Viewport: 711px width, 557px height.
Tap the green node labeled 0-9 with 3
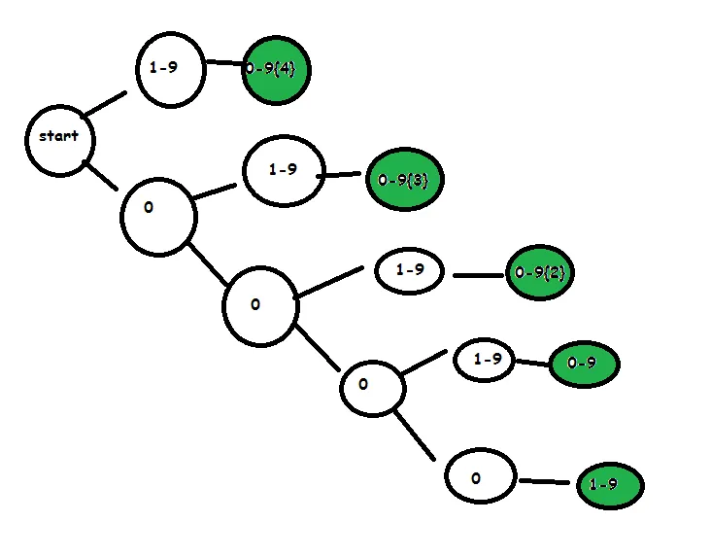pos(405,180)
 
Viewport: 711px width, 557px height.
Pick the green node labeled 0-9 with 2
pos(539,274)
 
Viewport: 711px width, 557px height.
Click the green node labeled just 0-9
pos(583,365)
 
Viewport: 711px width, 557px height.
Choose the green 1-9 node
pos(610,484)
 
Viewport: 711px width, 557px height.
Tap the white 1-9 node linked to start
pos(170,70)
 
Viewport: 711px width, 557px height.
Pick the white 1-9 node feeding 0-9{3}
pos(282,170)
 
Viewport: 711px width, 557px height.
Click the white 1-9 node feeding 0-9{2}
pos(410,271)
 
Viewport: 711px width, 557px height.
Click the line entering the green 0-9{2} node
pos(478,275)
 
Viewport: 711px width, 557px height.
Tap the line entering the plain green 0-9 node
pos(531,364)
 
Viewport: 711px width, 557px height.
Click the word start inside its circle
pos(58,136)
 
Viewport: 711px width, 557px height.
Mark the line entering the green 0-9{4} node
pos(225,64)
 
